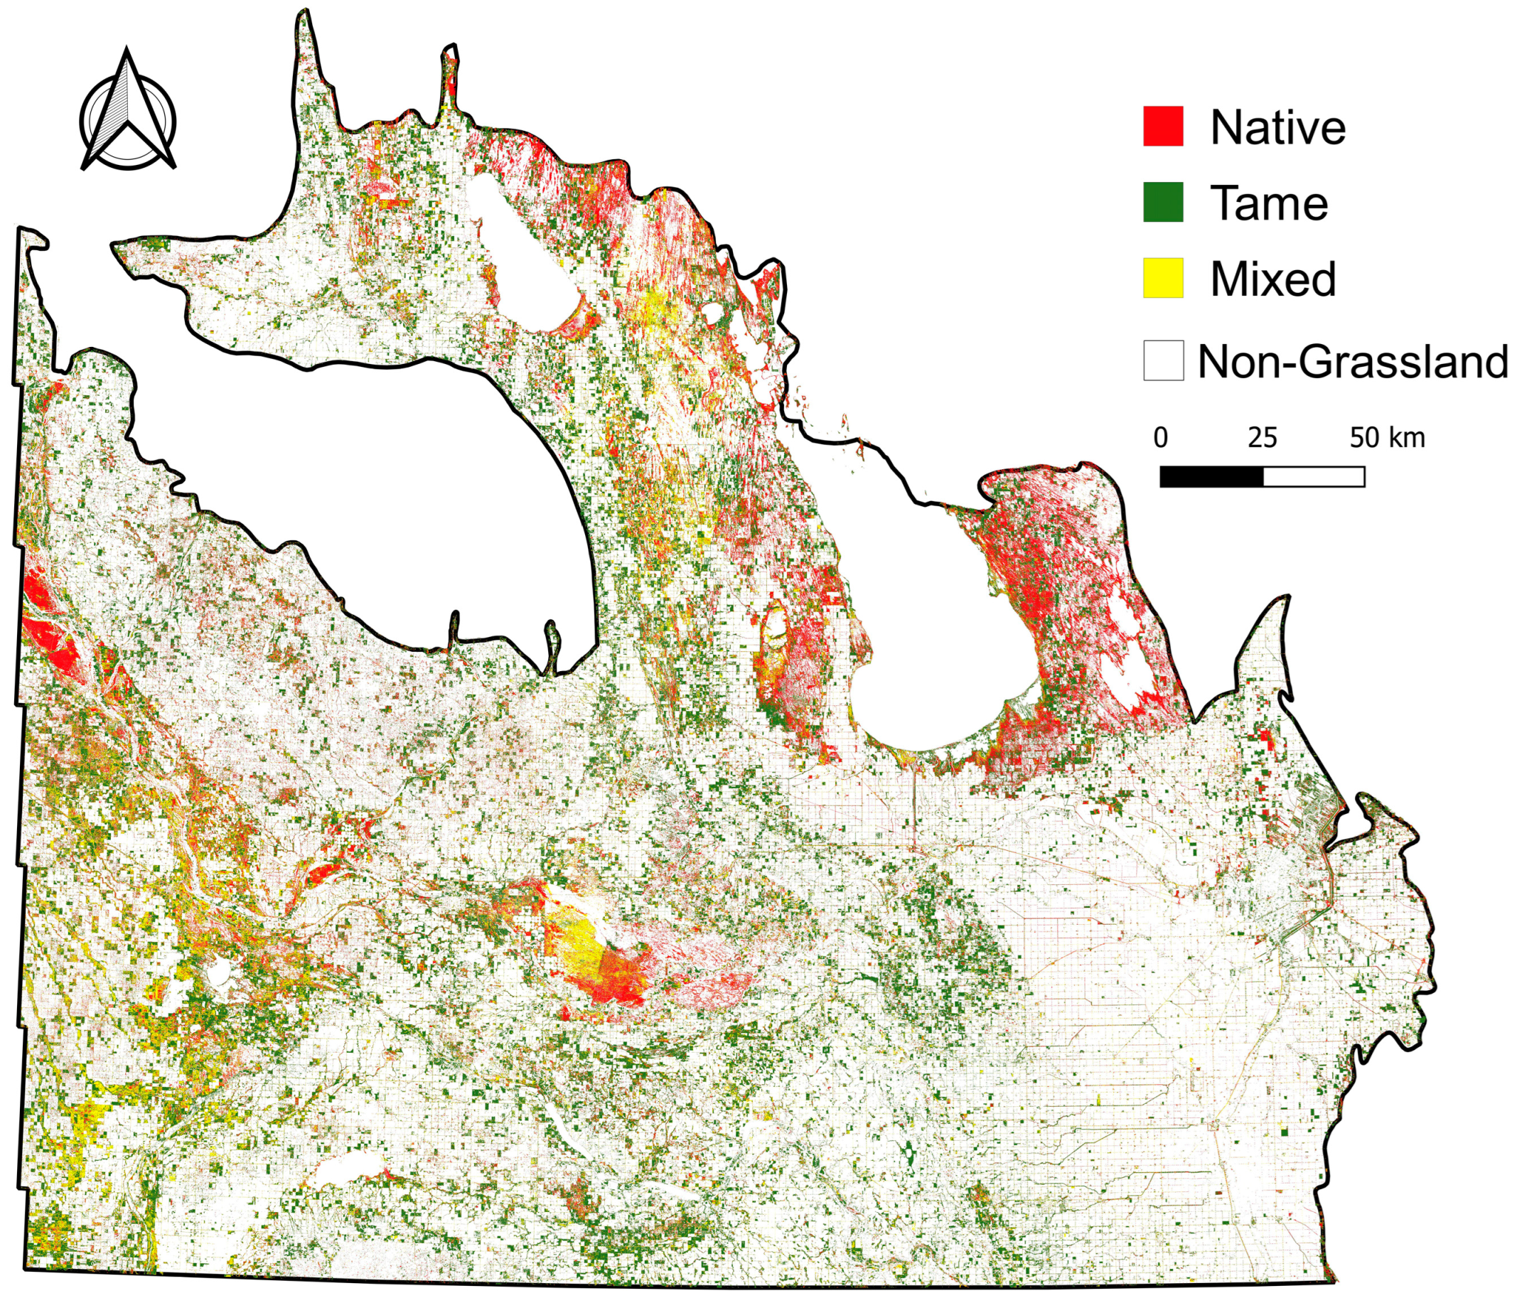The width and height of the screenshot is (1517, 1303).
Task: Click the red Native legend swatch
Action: (1163, 126)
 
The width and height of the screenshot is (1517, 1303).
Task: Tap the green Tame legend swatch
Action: (1163, 202)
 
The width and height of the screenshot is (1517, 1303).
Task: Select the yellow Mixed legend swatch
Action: (1163, 278)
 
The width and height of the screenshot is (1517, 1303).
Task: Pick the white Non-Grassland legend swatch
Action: (1163, 360)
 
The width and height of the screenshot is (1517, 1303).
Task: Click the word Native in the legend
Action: (1277, 127)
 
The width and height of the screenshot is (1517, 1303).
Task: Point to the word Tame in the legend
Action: (1269, 203)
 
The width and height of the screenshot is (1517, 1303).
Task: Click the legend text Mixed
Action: (1273, 279)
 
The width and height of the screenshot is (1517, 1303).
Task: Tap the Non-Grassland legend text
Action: (1351, 362)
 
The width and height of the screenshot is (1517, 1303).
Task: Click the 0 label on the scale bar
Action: (1160, 438)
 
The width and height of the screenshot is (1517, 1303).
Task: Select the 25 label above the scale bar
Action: (1263, 438)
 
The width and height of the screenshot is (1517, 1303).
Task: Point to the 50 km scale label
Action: (1388, 438)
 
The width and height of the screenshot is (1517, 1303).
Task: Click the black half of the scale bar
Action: (1211, 477)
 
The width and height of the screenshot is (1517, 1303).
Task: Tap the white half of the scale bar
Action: (1314, 477)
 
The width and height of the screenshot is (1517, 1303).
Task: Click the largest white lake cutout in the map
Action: (366, 476)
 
